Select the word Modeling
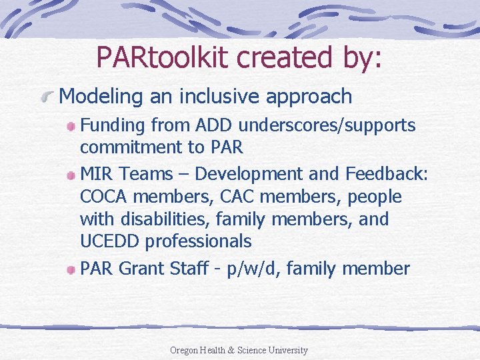click(x=101, y=97)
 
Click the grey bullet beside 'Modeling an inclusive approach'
click(x=48, y=97)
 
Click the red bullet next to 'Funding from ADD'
click(x=71, y=127)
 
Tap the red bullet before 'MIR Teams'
click(x=71, y=175)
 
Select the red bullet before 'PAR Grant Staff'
click(x=71, y=270)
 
